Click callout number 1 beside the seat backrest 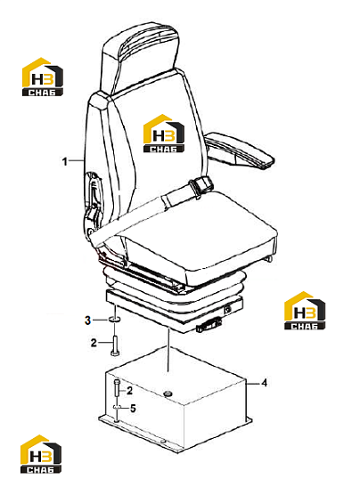click(x=64, y=161)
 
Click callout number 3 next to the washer click(x=88, y=321)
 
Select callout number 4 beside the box click(x=265, y=383)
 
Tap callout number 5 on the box click(x=133, y=408)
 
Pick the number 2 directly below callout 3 click(x=94, y=343)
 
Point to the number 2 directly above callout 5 click(x=129, y=390)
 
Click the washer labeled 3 click(x=114, y=320)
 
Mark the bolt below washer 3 click(x=115, y=345)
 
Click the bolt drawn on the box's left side click(x=117, y=388)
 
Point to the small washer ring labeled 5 click(x=117, y=407)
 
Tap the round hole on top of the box click(x=168, y=394)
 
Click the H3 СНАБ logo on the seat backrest click(x=164, y=134)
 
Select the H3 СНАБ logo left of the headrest click(x=43, y=77)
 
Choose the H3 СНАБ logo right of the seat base click(x=305, y=311)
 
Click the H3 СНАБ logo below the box click(x=41, y=454)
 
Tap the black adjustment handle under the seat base click(x=209, y=324)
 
